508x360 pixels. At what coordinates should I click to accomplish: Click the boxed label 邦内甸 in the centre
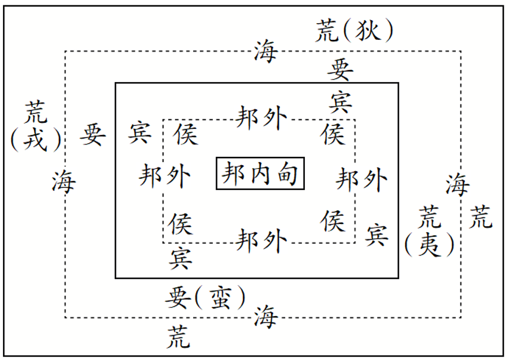coord(260,173)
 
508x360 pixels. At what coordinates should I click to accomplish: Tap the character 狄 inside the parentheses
coord(367,31)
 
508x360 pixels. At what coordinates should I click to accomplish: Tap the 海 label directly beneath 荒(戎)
coord(64,181)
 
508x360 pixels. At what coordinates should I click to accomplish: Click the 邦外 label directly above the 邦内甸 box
coord(261,117)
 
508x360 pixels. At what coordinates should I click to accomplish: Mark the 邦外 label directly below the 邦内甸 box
coord(261,241)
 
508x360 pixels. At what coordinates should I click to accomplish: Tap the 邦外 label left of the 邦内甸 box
coord(165,176)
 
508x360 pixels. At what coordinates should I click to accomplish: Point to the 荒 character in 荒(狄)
coord(327,31)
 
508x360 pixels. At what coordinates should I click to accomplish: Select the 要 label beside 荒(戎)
coord(93,135)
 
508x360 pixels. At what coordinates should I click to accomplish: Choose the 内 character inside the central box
coord(260,173)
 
